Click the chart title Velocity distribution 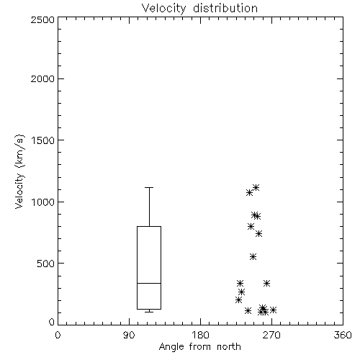(199, 9)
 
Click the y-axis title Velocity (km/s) (19, 171)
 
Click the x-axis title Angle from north (199, 347)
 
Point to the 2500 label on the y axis (42, 19)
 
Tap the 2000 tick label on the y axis (42, 78)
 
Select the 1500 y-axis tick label (43, 140)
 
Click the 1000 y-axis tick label (43, 202)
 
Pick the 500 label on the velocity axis (46, 264)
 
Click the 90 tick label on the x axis (129, 335)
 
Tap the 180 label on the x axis (200, 335)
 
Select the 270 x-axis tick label (271, 335)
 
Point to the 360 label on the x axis (343, 335)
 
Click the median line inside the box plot (149, 283)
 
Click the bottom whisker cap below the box (149, 312)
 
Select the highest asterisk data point (256, 187)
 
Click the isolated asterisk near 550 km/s (253, 257)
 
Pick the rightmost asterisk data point (273, 310)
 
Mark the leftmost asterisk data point (238, 300)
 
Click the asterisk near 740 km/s (258, 234)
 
